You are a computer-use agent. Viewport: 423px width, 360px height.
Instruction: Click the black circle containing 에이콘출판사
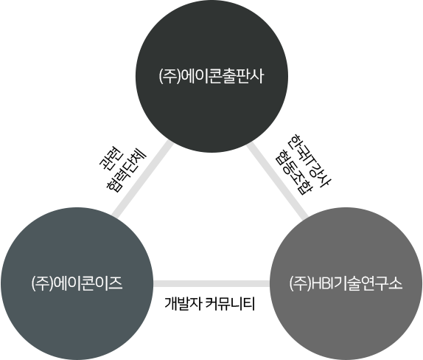tap(212, 76)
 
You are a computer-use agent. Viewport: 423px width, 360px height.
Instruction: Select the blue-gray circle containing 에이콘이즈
tap(77, 283)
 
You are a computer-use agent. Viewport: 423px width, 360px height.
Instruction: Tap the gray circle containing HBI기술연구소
tap(346, 283)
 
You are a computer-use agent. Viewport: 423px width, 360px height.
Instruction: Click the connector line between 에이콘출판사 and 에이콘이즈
tap(142, 179)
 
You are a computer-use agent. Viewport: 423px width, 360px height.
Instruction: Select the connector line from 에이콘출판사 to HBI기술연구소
tap(277, 180)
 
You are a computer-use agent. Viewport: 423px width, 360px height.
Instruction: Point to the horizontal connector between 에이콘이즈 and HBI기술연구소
tap(212, 283)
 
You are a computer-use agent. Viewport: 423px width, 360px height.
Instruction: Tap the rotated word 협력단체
tap(126, 170)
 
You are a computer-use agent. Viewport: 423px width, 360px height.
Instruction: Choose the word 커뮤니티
tap(230, 304)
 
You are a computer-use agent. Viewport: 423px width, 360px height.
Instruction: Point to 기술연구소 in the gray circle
tap(368, 284)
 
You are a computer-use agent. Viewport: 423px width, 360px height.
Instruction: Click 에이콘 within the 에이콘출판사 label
tap(201, 77)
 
